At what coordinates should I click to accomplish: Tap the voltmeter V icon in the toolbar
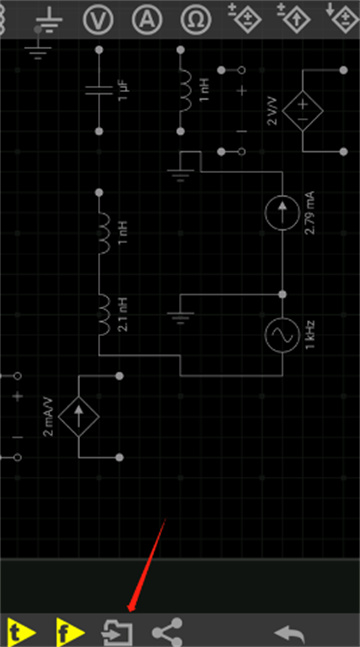point(98,19)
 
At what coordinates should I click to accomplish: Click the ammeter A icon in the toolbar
point(147,19)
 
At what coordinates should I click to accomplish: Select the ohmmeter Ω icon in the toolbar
point(196,19)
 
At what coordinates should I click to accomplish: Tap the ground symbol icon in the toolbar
point(49,21)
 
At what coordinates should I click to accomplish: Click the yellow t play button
point(21,631)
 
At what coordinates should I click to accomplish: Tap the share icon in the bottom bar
point(167,631)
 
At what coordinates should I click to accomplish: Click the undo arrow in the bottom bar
point(290,632)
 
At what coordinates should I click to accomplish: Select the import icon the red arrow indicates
point(117,632)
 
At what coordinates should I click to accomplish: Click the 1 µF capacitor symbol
point(99,90)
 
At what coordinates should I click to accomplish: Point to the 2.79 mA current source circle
point(282,213)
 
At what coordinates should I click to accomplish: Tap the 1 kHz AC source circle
point(282,335)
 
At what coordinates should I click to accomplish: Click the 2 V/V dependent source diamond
point(303,111)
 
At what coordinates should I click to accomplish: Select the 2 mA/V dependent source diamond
point(79,417)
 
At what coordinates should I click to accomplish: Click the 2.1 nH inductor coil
point(104,314)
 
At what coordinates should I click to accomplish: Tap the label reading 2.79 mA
point(310,213)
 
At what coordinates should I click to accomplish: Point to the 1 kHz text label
point(310,335)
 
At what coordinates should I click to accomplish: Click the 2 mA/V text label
point(48,417)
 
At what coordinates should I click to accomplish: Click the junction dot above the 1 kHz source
point(282,294)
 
